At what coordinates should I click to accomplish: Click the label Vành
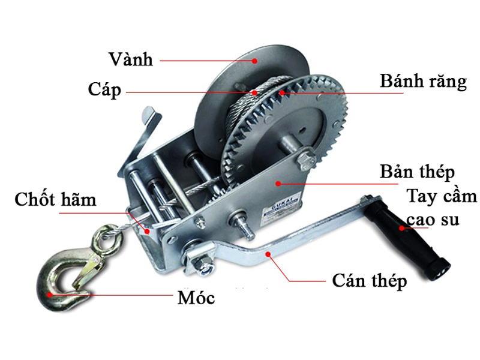coord(131,59)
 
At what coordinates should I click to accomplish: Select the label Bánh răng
coord(424,82)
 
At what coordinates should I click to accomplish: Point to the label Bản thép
coord(417,172)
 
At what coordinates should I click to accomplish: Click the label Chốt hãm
coord(55,199)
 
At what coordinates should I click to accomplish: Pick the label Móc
coord(196,297)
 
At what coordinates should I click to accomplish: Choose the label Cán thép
coord(370,281)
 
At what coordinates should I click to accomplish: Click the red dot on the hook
coord(49,295)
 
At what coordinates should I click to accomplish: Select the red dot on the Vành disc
coord(254,61)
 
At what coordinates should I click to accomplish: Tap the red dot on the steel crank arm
coord(268,254)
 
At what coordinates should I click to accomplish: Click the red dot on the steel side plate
coord(278,184)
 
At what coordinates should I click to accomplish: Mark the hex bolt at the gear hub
coord(305,159)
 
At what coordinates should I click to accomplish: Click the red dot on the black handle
coord(402,228)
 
